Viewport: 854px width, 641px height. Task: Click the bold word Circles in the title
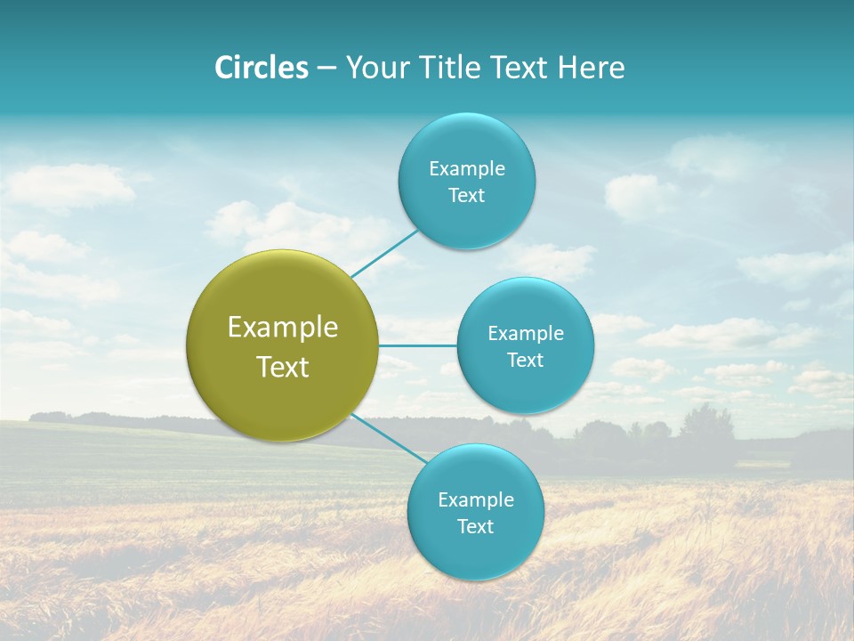261,68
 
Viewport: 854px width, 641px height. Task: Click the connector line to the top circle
383,253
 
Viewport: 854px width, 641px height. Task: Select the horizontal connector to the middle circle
417,345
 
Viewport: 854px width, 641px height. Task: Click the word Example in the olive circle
283,328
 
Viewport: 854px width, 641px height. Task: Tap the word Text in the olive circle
283,367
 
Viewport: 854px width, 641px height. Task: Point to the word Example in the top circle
466,169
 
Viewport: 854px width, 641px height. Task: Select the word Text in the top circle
466,196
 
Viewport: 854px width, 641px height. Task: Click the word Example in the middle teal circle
526,334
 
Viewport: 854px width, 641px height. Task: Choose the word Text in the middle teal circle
526,361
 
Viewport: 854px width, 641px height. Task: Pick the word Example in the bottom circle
475,500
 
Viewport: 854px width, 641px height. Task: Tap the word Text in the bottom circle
475,527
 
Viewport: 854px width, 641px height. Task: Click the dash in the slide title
326,69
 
